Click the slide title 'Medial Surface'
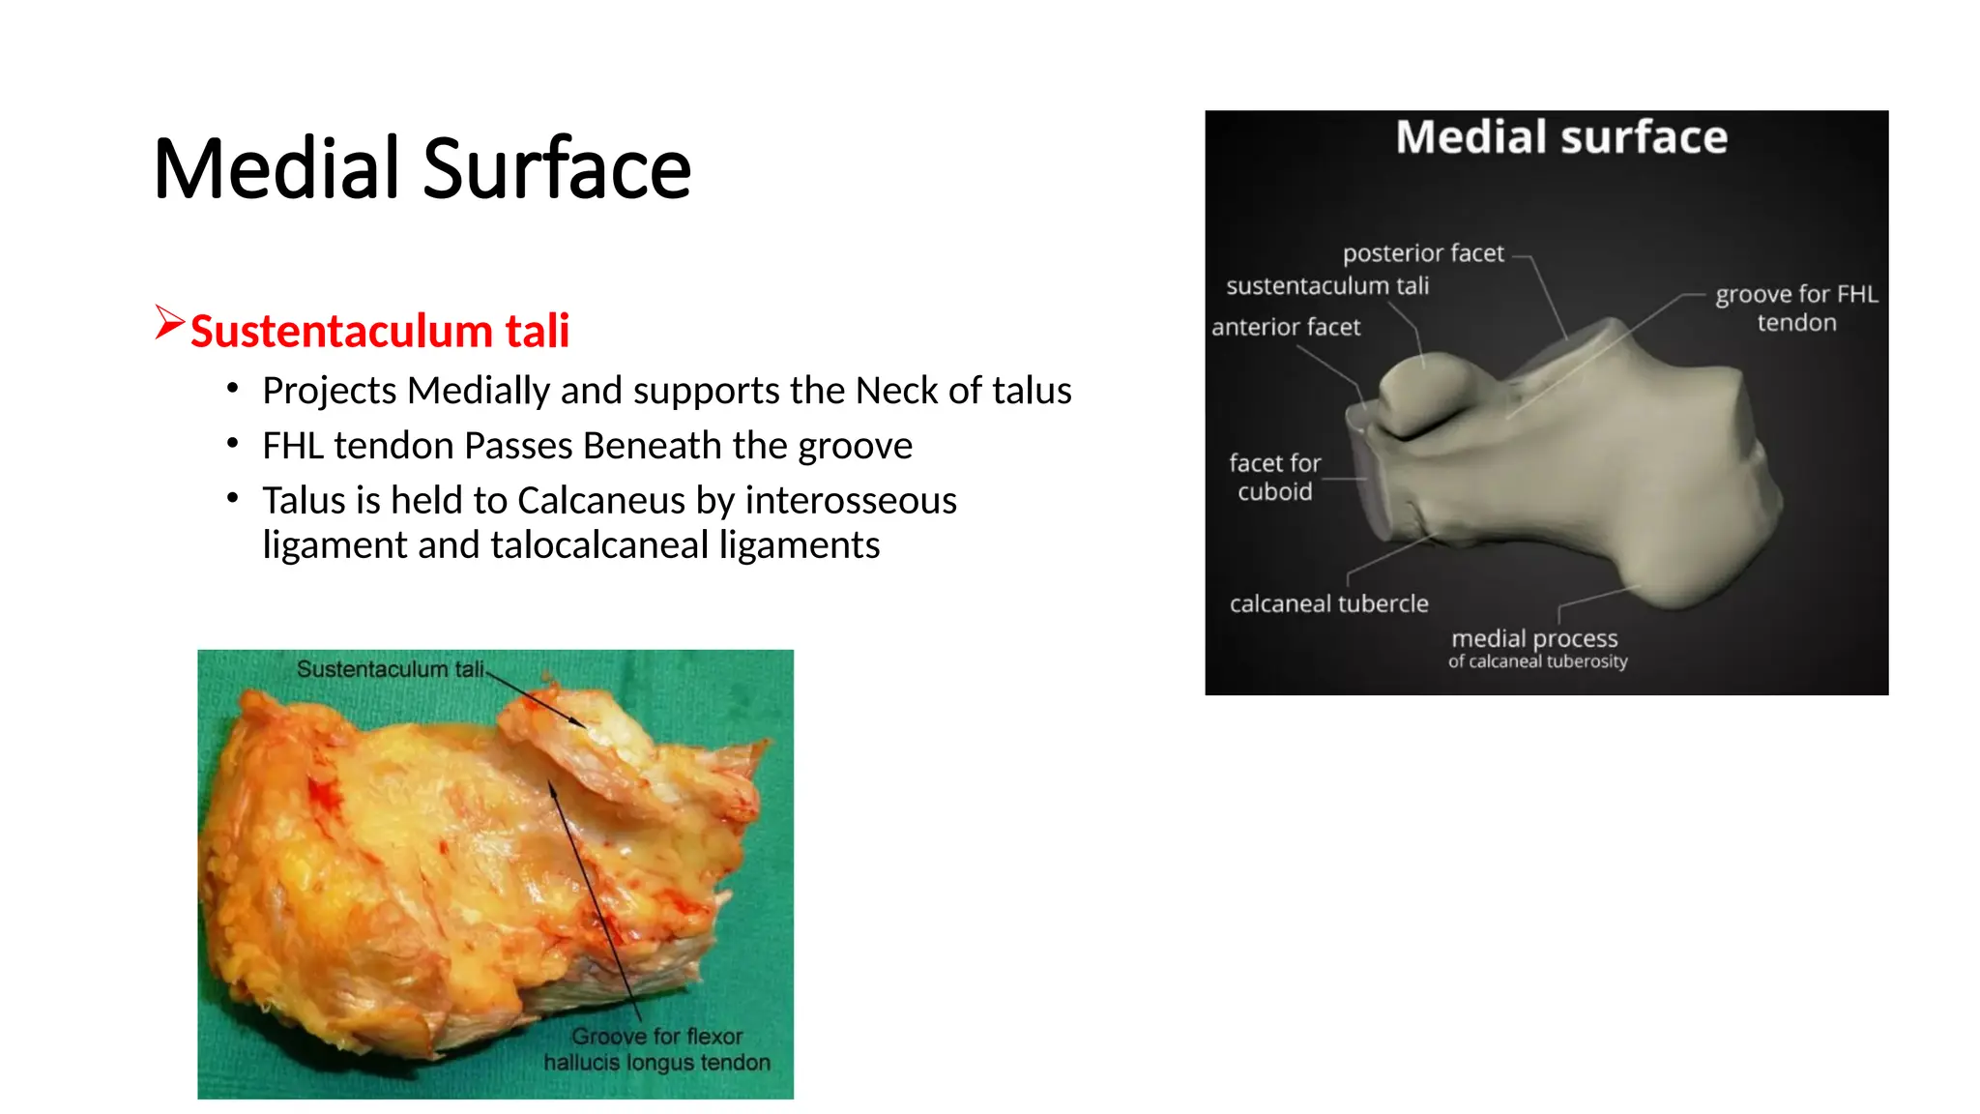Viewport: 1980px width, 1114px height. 422,169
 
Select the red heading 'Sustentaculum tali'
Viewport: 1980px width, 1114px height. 380,332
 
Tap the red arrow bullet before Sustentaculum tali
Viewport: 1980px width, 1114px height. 169,322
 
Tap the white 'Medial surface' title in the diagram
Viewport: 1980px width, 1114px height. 1561,137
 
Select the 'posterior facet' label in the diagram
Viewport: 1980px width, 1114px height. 1423,253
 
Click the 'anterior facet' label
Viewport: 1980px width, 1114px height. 1286,328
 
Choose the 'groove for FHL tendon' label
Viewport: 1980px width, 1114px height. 1796,308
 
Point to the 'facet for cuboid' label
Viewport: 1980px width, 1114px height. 1275,478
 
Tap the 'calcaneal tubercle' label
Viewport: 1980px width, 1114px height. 1328,604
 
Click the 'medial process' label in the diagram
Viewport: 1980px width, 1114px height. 1534,639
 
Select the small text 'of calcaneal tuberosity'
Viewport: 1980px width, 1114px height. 1537,661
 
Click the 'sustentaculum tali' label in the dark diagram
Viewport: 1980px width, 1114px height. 1327,286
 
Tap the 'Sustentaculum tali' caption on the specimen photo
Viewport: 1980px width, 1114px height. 391,669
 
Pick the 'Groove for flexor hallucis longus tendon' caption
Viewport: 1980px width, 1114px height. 657,1049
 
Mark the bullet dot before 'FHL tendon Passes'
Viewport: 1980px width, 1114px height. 232,443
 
